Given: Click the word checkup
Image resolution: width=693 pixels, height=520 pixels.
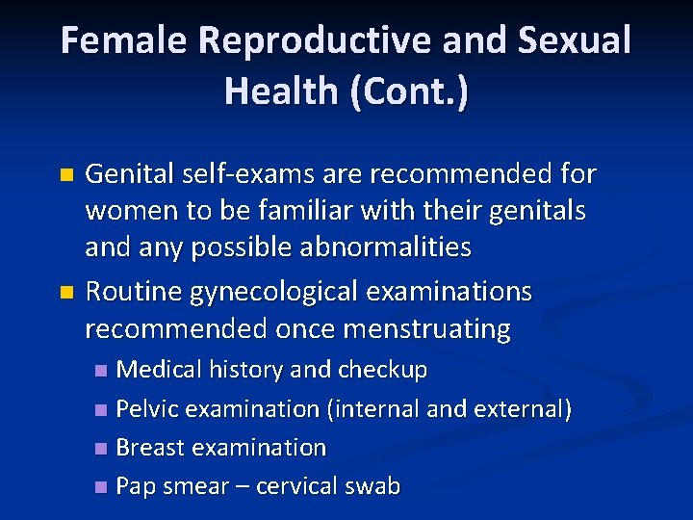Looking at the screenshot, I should click(x=379, y=370).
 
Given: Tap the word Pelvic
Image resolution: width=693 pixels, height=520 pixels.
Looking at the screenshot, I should click(x=146, y=409).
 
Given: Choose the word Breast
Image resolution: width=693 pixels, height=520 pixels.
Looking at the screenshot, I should click(x=149, y=448).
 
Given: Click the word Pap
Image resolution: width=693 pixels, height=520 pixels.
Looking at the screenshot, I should click(x=134, y=487).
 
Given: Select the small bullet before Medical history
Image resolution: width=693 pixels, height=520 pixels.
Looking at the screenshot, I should click(x=102, y=371).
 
